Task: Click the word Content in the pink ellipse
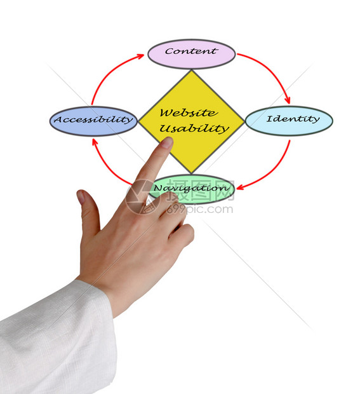pos(191,51)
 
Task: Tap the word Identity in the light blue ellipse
pos(293,119)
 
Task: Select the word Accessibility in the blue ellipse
pos(93,119)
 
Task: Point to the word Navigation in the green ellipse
pos(191,188)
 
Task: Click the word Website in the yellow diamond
pos(189,112)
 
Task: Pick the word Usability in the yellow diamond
pos(194,129)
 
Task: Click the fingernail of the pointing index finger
pos(167,142)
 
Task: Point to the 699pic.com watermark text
pos(199,209)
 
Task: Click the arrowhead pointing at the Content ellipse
pos(140,56)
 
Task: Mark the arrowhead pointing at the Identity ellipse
pos(288,100)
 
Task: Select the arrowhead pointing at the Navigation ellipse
pos(240,187)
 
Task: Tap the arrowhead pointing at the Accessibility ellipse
pos(95,142)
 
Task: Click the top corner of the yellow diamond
pos(192,70)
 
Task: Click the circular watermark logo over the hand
pos(143,196)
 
